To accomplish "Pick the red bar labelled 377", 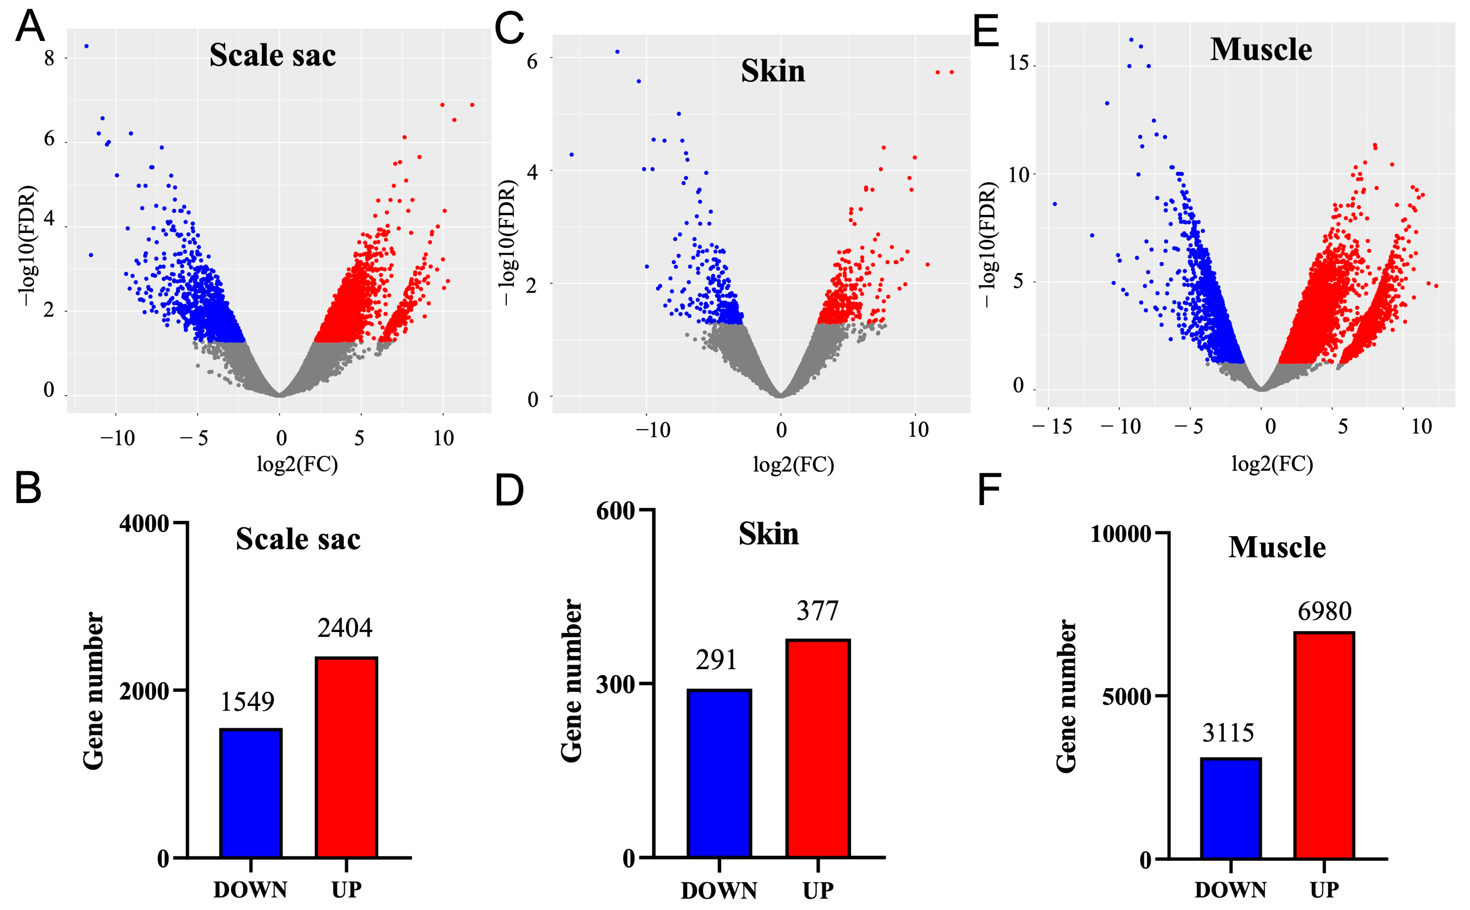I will point(818,748).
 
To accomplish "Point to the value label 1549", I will point(247,702).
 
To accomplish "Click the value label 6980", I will point(1324,612).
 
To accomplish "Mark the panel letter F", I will point(989,491).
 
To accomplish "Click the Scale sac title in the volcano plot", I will point(273,55).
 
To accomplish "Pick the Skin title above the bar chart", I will point(768,534).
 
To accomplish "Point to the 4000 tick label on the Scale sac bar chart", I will point(144,524).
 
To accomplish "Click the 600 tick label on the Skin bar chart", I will point(615,511).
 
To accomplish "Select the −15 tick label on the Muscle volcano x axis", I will point(1053,427).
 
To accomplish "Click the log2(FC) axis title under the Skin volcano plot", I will point(793,464).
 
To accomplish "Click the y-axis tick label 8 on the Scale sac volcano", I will point(49,59).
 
